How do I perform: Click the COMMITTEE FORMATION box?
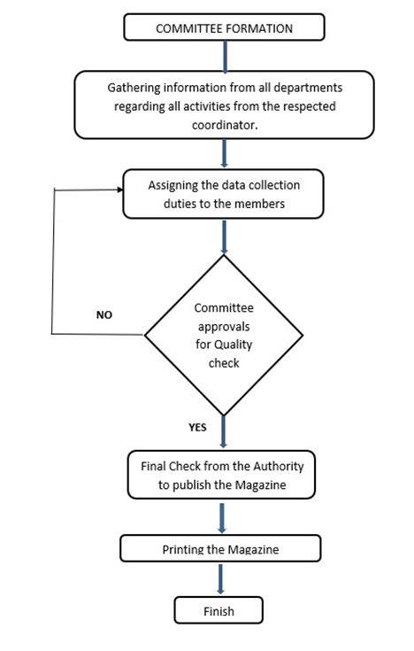point(224,27)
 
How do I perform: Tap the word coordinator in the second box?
point(225,125)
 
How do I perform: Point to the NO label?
point(104,315)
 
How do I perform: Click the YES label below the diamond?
point(197,428)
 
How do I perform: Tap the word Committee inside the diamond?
point(224,308)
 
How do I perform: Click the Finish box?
point(218,610)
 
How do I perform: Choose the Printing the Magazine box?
point(220,548)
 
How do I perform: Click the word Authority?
point(279,467)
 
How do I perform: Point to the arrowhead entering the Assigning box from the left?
point(120,190)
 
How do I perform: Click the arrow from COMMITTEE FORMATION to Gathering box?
point(226,57)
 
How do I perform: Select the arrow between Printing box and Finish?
point(220,578)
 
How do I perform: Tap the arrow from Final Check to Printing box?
point(222,518)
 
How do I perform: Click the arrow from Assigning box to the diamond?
point(224,236)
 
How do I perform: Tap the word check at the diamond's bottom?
point(224,363)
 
